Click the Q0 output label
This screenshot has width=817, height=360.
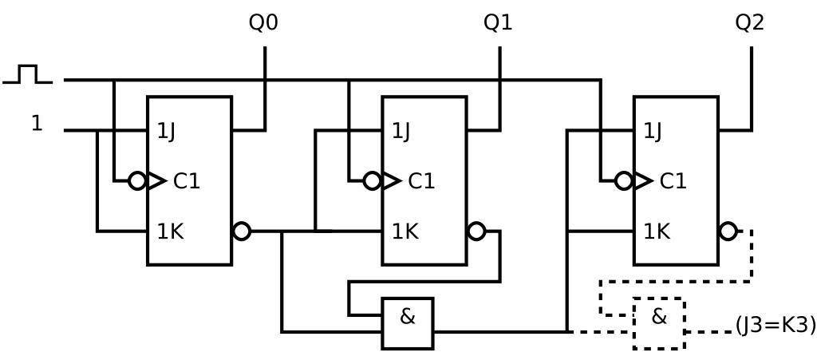click(x=263, y=22)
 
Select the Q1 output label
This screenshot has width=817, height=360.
click(x=498, y=22)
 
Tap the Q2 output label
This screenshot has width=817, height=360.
click(x=749, y=22)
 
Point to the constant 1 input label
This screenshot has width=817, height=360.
click(x=37, y=123)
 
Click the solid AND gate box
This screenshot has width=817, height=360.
click(x=408, y=323)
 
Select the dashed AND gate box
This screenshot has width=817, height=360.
click(x=659, y=323)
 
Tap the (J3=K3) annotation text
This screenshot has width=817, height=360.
click(x=776, y=325)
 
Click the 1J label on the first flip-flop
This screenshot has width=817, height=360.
click(x=166, y=131)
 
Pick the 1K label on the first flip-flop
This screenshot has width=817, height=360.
click(x=170, y=231)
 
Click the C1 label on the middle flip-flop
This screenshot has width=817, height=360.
click(x=421, y=181)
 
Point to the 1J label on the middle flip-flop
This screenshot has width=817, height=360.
click(x=401, y=131)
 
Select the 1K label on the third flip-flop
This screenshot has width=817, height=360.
click(x=657, y=231)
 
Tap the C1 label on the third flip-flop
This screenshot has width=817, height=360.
click(x=673, y=181)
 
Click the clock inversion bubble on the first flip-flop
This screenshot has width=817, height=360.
click(x=137, y=181)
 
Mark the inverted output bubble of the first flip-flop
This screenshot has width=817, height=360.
click(x=242, y=231)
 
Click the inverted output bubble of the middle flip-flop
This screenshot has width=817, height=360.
click(x=476, y=231)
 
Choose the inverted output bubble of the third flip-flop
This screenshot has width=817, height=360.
click(x=728, y=231)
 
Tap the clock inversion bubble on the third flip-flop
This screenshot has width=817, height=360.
click(x=624, y=181)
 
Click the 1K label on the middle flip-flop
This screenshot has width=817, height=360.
click(x=405, y=231)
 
